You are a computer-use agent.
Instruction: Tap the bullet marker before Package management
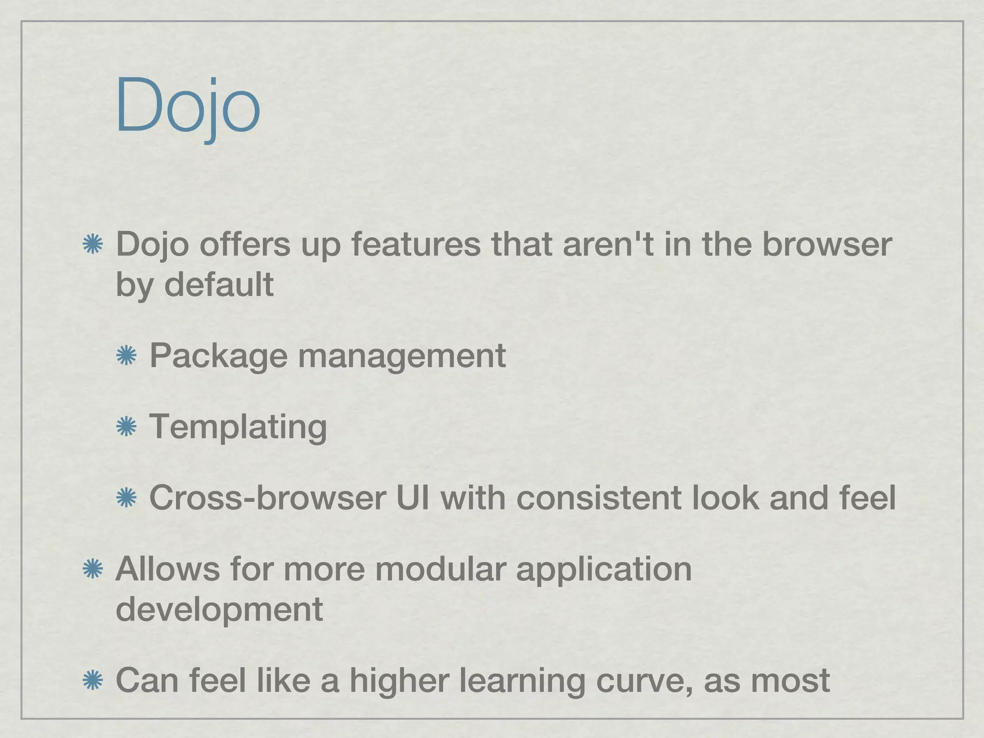click(126, 356)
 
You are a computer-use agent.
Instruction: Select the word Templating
click(238, 426)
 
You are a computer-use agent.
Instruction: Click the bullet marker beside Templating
click(126, 426)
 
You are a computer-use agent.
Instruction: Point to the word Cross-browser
click(268, 497)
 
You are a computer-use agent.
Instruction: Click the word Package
click(218, 356)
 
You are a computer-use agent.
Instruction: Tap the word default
click(219, 284)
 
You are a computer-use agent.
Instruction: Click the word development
click(219, 609)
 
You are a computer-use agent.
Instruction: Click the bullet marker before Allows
click(93, 569)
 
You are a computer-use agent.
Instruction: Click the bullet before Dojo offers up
click(93, 245)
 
